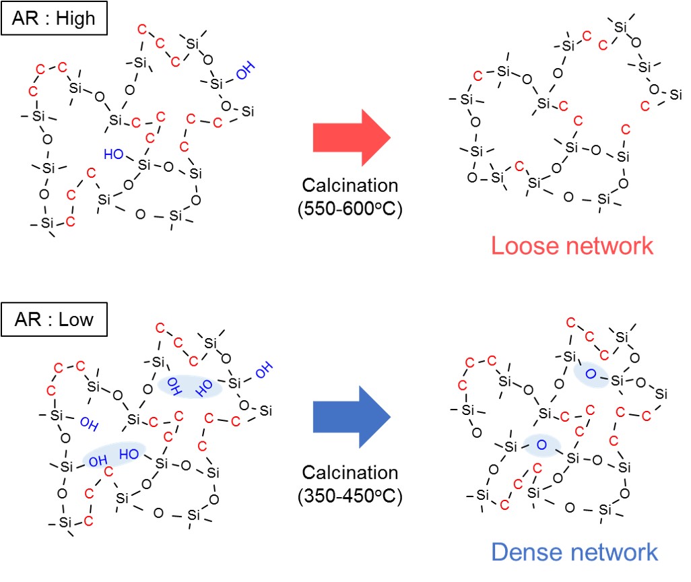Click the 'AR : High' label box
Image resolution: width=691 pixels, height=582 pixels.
click(x=54, y=19)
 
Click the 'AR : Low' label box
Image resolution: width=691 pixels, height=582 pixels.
click(x=54, y=319)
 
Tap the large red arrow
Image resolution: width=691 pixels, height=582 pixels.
click(x=352, y=137)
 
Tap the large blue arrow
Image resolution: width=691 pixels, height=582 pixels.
click(x=352, y=417)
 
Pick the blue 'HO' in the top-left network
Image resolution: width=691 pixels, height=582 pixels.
click(x=114, y=154)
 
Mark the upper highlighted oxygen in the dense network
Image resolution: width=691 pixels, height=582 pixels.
click(x=591, y=374)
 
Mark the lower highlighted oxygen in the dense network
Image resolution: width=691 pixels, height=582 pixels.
click(x=543, y=445)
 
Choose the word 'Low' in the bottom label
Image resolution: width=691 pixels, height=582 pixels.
click(x=75, y=319)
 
